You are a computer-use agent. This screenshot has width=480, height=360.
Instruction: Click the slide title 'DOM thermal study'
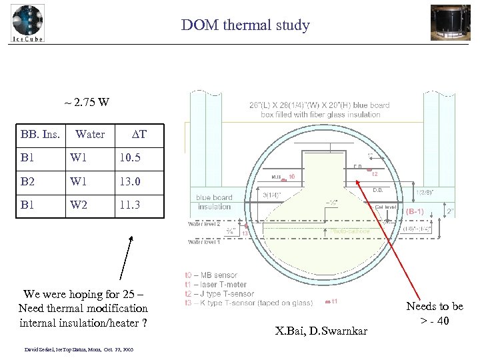click(x=245, y=26)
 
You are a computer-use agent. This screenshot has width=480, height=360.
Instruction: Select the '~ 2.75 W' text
click(x=87, y=103)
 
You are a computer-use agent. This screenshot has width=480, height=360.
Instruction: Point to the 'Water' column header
click(x=90, y=135)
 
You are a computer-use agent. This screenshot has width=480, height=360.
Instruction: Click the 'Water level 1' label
click(x=207, y=241)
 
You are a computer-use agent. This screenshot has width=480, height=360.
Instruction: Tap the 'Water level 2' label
click(x=207, y=224)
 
